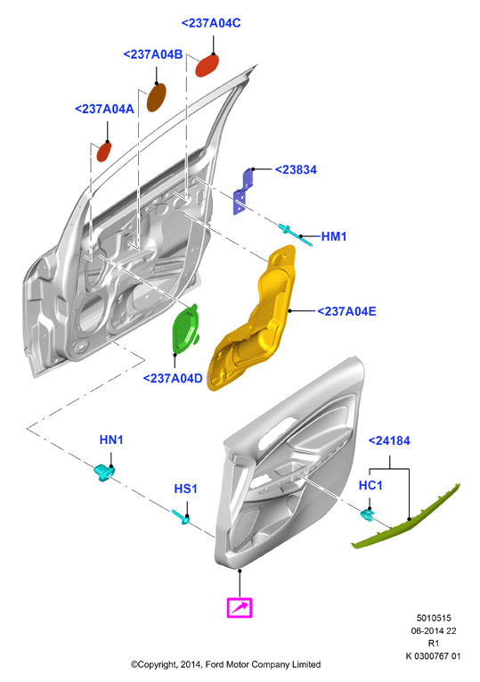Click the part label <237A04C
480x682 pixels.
click(x=211, y=23)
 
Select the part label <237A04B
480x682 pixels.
click(x=153, y=54)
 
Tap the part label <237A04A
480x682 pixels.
click(x=104, y=109)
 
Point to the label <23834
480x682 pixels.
click(x=296, y=169)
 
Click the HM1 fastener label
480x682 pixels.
click(x=334, y=236)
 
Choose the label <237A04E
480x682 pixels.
click(x=346, y=311)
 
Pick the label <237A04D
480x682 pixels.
click(x=173, y=378)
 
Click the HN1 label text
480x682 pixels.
click(x=111, y=440)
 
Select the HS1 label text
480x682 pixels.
click(x=185, y=489)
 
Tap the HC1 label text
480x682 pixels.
click(x=370, y=485)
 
